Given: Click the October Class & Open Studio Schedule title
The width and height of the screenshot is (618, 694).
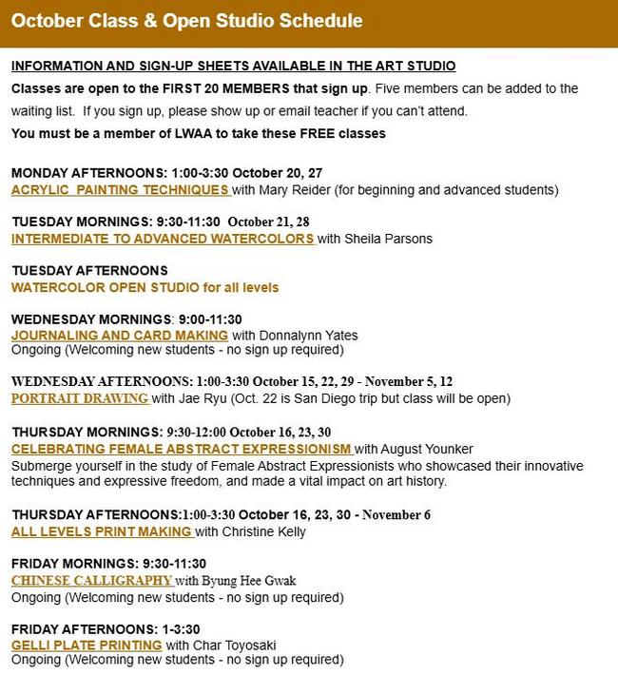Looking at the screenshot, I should click(x=186, y=21).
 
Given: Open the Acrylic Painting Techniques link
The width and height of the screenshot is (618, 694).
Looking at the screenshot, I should click(x=120, y=190).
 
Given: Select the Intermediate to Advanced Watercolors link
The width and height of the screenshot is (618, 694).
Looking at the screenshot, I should click(x=163, y=239).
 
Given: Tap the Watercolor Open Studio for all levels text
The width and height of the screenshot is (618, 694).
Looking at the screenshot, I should click(x=145, y=287).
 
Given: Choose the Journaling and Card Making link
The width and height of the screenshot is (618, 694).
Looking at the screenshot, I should click(x=120, y=336).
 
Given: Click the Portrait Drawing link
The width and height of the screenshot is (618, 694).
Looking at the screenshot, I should click(x=80, y=398).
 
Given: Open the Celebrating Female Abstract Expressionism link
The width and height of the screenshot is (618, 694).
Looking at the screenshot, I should click(x=182, y=449).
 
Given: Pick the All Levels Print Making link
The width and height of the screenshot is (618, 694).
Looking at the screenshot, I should click(x=102, y=531).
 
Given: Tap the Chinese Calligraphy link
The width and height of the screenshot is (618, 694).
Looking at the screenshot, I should click(x=91, y=580).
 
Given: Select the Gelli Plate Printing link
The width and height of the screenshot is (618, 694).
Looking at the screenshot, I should click(x=87, y=646).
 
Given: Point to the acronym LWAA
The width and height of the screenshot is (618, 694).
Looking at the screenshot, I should click(x=181, y=133).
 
